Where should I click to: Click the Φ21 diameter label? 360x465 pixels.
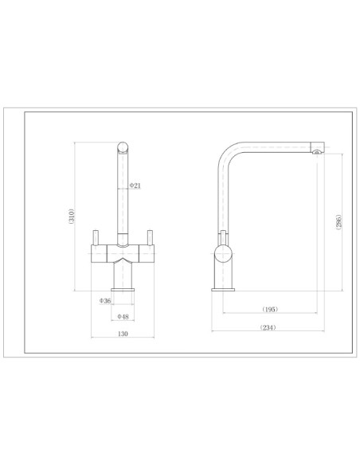pos(135,186)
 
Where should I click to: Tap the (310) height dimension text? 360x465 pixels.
pos(71,217)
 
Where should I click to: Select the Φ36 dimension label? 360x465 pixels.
pos(105,301)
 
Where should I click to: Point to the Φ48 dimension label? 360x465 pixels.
pos(123,317)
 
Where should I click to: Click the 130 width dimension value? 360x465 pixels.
pos(123,334)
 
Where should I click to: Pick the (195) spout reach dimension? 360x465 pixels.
pos(270,309)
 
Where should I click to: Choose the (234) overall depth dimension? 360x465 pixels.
pos(268,327)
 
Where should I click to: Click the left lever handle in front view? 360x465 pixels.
pos(96,237)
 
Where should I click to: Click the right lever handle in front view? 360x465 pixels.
pos(150,237)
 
